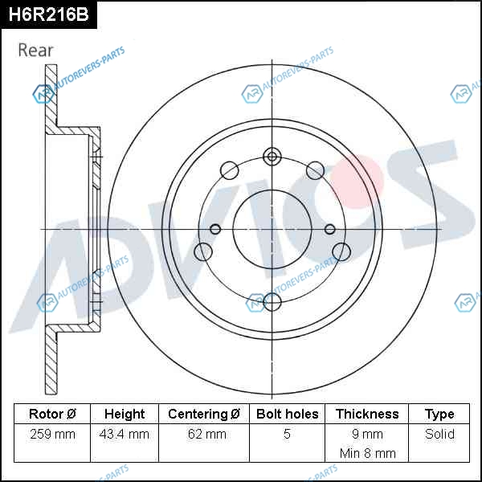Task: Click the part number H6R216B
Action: point(48,14)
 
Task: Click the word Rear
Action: point(35,51)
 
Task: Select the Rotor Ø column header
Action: point(52,414)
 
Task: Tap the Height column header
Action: point(125,414)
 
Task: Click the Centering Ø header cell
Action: point(204,414)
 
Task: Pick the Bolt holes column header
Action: point(287,414)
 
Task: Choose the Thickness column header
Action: point(367,414)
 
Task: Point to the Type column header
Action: point(439,415)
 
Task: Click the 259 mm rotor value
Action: point(52,434)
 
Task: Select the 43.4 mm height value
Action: point(125,434)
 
